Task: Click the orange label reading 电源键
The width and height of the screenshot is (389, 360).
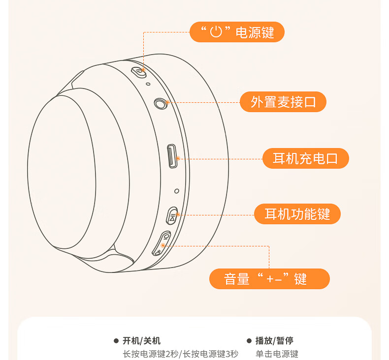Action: point(237,32)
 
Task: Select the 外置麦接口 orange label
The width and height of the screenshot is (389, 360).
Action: point(283,102)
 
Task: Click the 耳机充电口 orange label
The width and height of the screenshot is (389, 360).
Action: point(306,158)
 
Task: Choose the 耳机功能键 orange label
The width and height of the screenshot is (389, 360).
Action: point(297,214)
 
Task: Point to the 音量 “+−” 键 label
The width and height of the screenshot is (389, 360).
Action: point(269,279)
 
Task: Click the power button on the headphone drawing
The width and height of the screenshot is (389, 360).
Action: point(139,73)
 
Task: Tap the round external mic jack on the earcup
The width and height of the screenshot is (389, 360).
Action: point(160,104)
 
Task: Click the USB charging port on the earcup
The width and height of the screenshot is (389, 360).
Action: point(172,156)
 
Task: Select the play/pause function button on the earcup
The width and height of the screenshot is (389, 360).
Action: point(172,216)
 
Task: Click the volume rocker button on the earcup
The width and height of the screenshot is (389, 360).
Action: point(161,243)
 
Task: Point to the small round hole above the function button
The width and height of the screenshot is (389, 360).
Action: point(177,191)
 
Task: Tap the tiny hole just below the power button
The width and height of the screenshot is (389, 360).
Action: point(148,84)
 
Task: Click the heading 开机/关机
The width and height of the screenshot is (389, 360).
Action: point(141,341)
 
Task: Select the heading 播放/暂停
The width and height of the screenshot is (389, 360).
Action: point(274,341)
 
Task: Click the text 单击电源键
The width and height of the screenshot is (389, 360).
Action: point(277,354)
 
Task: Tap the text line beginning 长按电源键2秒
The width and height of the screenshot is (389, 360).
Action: point(181,354)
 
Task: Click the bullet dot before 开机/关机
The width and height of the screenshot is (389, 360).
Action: point(116,341)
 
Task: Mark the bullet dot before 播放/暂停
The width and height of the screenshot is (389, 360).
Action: point(249,341)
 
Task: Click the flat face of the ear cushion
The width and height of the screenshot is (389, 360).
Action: point(62,172)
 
